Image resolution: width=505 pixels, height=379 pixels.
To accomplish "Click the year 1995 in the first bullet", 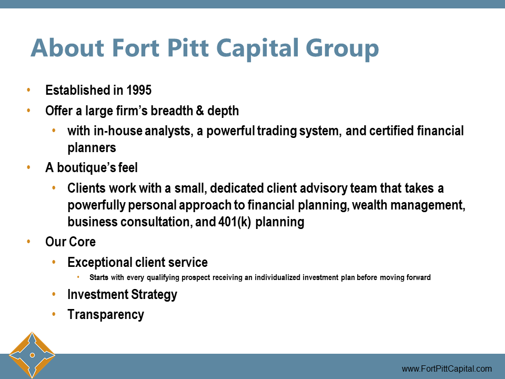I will [139, 91].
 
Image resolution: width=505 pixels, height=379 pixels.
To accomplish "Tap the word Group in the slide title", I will [343, 48].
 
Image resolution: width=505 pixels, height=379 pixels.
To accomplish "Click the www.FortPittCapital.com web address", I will [447, 369].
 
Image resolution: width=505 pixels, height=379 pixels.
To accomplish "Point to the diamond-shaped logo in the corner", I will [32, 355].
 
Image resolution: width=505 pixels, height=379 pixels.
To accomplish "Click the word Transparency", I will [106, 315].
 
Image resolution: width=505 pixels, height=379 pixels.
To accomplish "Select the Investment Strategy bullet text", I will [122, 295].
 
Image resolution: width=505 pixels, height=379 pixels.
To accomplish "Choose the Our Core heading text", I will [70, 242].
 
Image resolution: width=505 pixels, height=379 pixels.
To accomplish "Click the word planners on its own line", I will [92, 148].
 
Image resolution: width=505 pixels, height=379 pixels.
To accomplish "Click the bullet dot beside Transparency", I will [54, 315].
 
